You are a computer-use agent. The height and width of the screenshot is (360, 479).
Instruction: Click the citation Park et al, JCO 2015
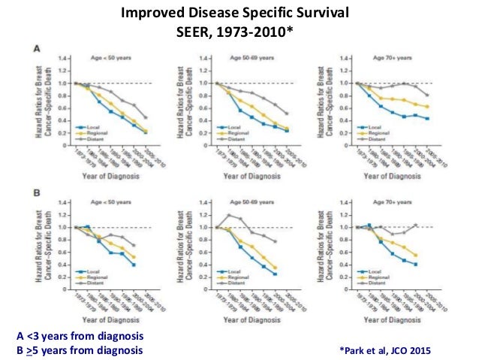click(387, 349)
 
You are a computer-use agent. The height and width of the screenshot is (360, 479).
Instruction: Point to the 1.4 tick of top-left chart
click(66, 57)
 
